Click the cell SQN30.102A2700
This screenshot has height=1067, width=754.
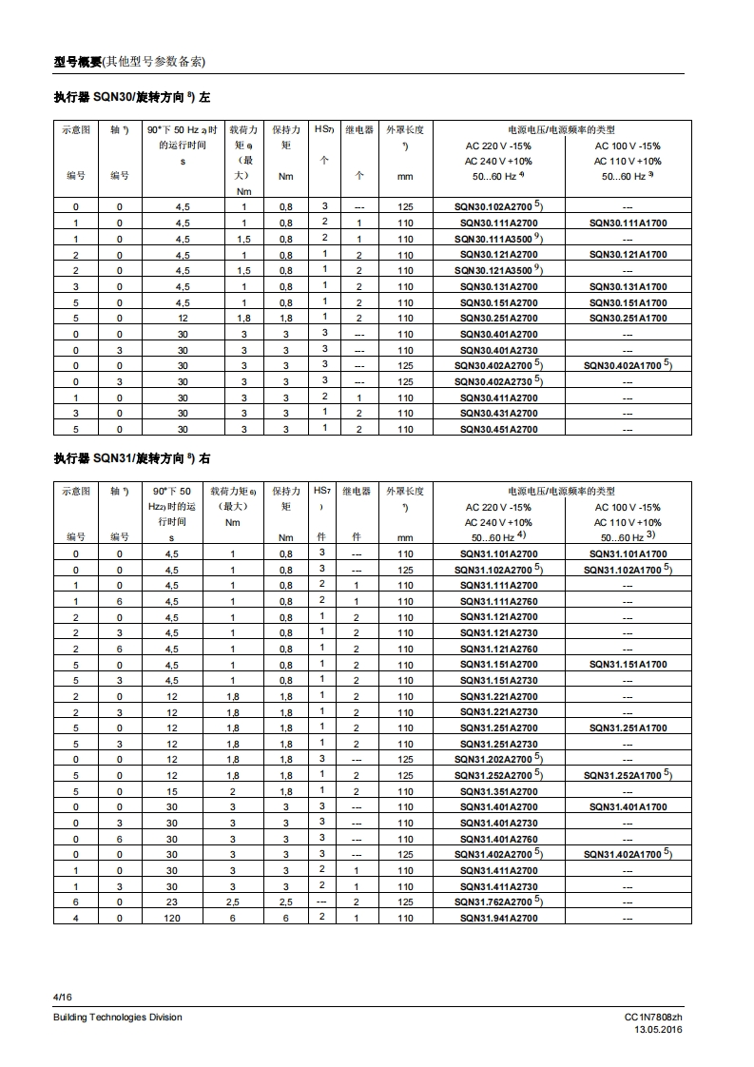tap(497, 206)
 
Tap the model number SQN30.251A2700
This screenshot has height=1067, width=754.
tap(498, 318)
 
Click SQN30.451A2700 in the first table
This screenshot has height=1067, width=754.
tap(498, 429)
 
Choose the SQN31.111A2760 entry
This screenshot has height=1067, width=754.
tap(498, 601)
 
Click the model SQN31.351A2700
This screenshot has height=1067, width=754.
tap(498, 791)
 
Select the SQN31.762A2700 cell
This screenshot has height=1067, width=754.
tap(497, 902)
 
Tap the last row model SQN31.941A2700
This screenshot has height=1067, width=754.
tap(498, 918)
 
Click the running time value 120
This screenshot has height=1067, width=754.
tap(171, 918)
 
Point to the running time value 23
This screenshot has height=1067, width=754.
tap(171, 902)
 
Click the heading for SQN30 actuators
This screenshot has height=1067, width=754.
tap(132, 98)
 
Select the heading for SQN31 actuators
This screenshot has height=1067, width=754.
tap(132, 458)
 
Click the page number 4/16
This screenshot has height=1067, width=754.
tap(63, 996)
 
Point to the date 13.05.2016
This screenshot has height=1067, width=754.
tap(658, 1030)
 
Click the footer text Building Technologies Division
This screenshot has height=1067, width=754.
tap(117, 1018)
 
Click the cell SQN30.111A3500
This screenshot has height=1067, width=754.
tap(497, 239)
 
